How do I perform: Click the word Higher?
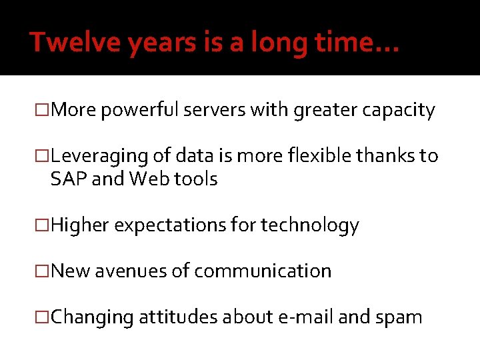point(79,226)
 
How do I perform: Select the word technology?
point(310,226)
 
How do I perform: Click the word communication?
point(264,271)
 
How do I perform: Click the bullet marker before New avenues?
point(43,271)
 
